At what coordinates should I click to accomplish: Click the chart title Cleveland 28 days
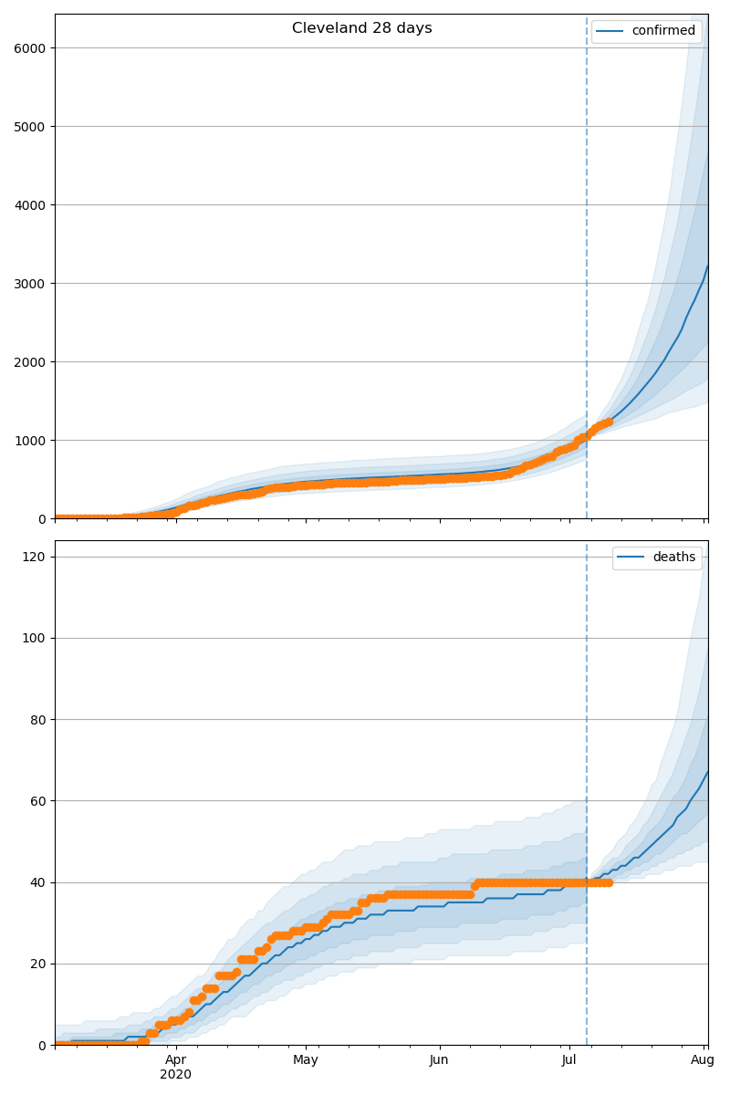[361, 28]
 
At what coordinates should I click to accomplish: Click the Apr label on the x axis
[176, 1059]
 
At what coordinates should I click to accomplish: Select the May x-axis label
[306, 1059]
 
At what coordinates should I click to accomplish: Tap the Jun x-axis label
[439, 1059]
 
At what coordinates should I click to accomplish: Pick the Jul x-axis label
[569, 1059]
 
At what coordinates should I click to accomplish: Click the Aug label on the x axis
[702, 1059]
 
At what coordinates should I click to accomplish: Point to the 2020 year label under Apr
[176, 1074]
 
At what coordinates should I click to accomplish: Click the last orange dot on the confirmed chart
[609, 422]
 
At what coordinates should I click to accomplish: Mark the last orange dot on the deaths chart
[609, 882]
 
